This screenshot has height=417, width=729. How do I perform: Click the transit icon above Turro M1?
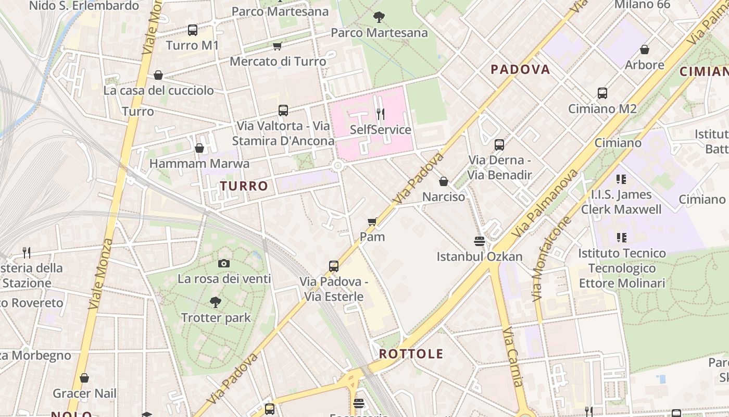[193, 30]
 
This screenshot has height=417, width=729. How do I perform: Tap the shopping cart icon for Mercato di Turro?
[278, 46]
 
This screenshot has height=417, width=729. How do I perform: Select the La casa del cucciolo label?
[158, 90]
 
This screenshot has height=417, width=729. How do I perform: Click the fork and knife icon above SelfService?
[381, 114]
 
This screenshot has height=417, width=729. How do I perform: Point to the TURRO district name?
[244, 186]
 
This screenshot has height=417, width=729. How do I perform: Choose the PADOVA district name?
[520, 69]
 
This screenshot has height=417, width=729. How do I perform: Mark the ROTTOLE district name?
[411, 354]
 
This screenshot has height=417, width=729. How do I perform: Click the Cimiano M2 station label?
[602, 109]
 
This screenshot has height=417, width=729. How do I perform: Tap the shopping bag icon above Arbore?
[644, 50]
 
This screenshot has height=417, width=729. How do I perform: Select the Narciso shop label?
[444, 197]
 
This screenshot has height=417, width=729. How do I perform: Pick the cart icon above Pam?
[372, 222]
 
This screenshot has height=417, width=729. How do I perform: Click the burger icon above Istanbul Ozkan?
[480, 241]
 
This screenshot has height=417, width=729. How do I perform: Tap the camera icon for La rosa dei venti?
[224, 263]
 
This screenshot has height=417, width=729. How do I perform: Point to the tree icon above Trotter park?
[216, 302]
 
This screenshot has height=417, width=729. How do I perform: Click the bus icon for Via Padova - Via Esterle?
[334, 266]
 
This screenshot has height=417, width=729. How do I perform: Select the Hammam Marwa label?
[199, 164]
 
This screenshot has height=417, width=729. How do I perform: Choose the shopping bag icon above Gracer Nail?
[84, 378]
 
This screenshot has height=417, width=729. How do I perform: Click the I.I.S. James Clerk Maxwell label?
[621, 202]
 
